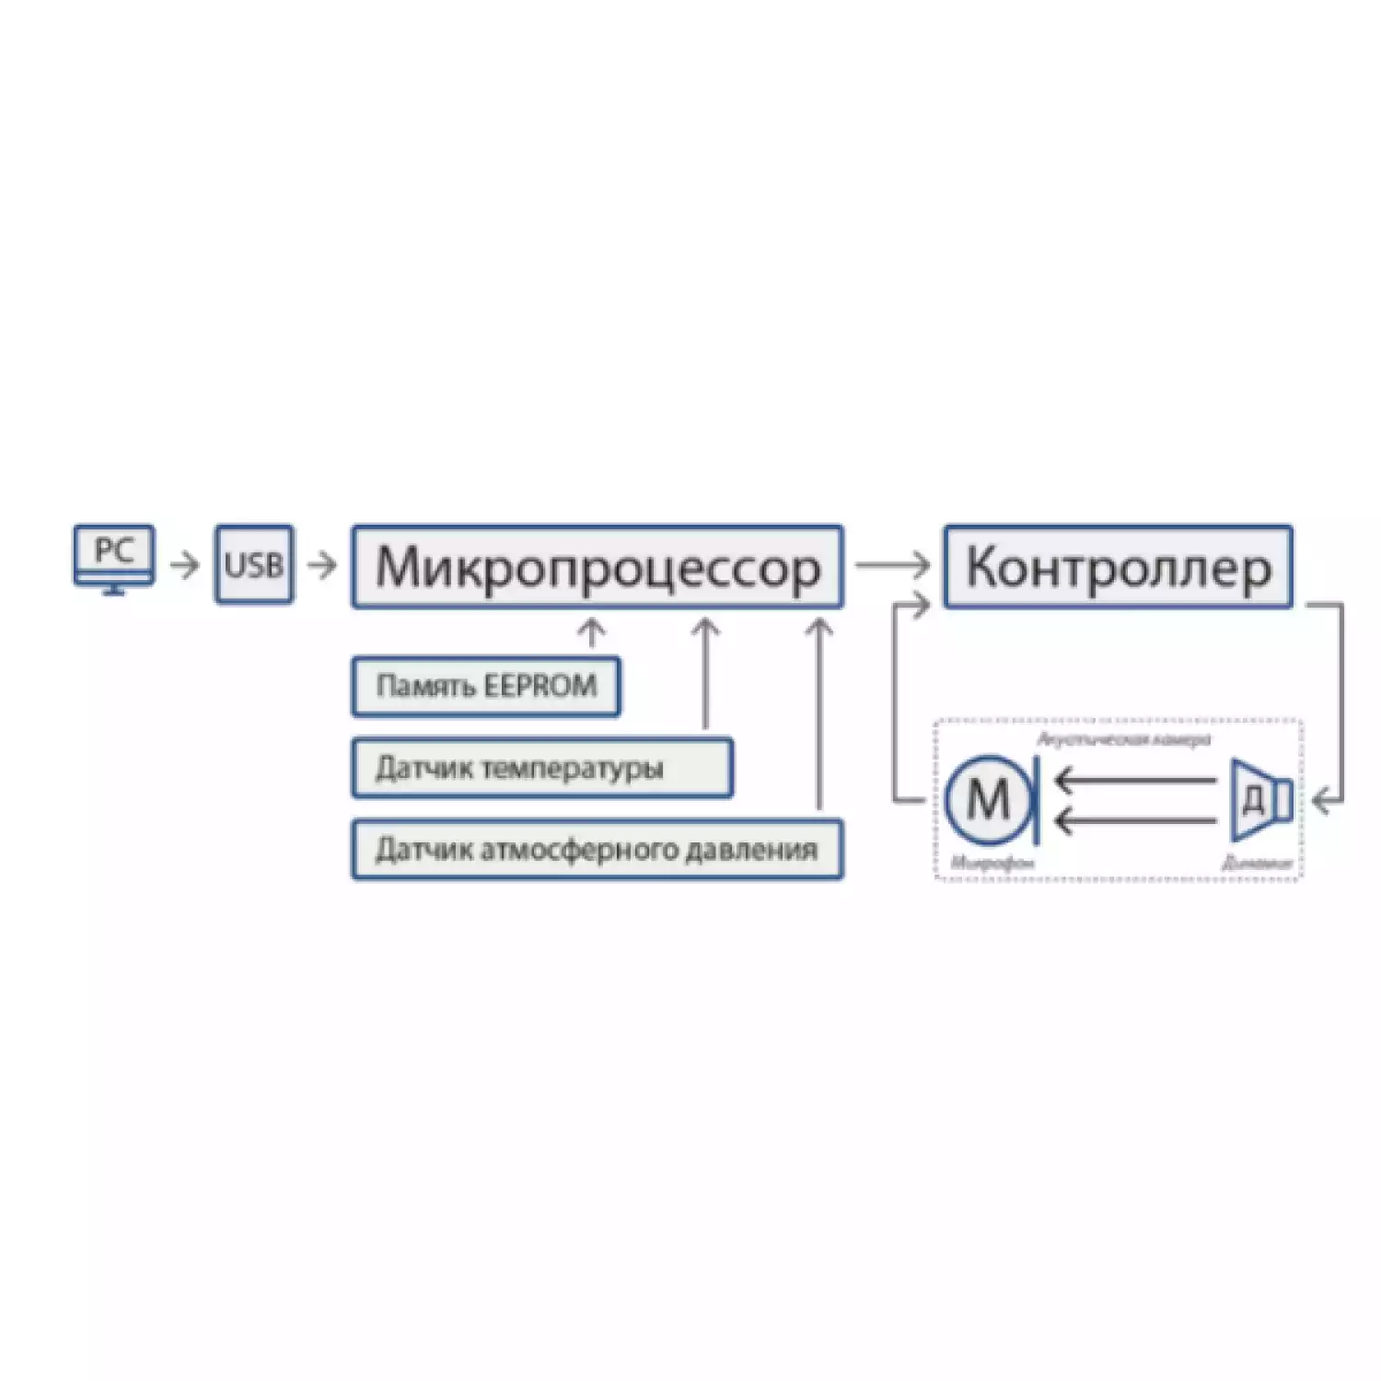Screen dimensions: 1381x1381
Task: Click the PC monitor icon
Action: (113, 558)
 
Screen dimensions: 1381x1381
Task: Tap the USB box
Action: (254, 564)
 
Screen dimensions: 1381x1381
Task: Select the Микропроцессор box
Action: (597, 567)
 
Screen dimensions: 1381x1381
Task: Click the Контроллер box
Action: (1118, 567)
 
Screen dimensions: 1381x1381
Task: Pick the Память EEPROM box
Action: (485, 686)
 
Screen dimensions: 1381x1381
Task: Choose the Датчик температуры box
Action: (541, 768)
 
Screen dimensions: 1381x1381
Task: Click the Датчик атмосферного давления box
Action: (597, 849)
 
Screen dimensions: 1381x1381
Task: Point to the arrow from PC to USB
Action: (185, 564)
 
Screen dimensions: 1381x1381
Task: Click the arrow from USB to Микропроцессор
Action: (322, 564)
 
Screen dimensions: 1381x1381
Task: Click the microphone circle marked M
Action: (988, 799)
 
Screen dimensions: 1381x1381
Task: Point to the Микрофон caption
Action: (992, 864)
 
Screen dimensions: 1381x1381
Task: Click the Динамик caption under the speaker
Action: (1257, 864)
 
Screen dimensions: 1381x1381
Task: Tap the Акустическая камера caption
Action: (1123, 739)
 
